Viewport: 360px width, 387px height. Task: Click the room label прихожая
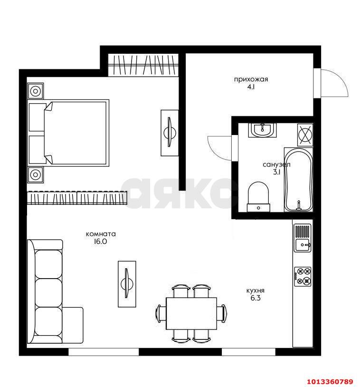pos(251,79)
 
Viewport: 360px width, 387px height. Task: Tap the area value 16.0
pos(100,242)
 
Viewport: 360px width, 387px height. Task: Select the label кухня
pos(256,291)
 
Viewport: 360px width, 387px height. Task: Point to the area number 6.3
pos(256,298)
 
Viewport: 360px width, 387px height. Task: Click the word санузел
pos(276,164)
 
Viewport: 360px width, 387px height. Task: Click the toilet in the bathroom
pos(258,197)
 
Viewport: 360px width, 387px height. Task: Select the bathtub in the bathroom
pos(298,179)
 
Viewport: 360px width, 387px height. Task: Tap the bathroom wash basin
pos(263,130)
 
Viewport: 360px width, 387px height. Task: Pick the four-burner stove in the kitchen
pos(303,277)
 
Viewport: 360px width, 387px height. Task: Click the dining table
pos(191,313)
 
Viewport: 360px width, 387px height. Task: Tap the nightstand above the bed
pos(36,91)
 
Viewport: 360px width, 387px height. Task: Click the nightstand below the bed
pos(36,175)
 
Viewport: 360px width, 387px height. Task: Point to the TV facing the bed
pos(170,133)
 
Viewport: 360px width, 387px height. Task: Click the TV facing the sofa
pos(127,284)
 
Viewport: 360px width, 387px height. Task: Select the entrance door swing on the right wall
pos(331,83)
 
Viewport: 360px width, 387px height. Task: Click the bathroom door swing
pos(220,148)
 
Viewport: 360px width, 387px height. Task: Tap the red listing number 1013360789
pos(330,382)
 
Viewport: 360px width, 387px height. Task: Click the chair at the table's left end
pos(161,313)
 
